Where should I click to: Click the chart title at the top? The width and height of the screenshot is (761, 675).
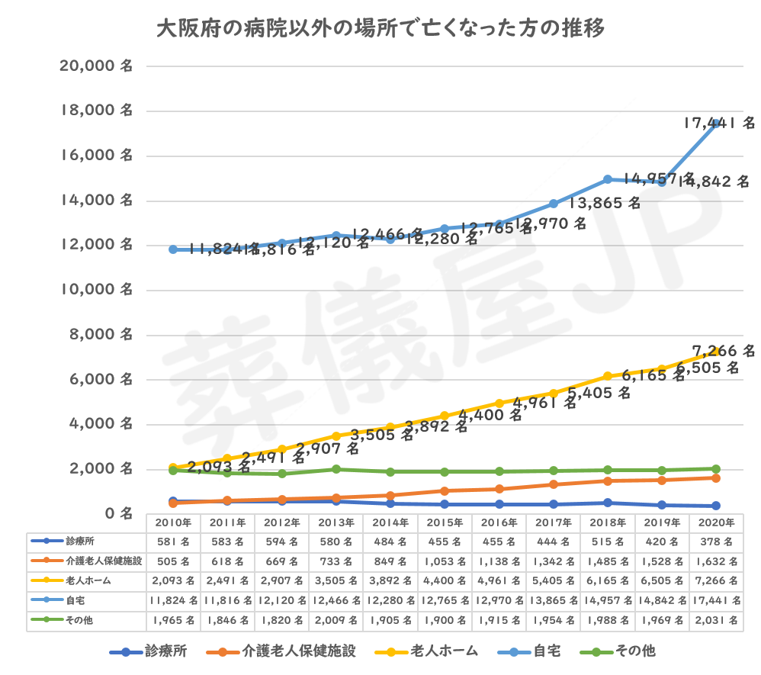pyautogui.click(x=380, y=29)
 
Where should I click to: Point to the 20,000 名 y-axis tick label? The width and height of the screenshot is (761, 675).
pyautogui.click(x=96, y=66)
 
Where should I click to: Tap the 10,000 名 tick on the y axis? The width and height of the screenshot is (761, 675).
pyautogui.click(x=96, y=290)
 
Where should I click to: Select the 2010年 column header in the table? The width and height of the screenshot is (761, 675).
pyautogui.click(x=173, y=523)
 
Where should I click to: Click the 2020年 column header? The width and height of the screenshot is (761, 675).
pyautogui.click(x=716, y=523)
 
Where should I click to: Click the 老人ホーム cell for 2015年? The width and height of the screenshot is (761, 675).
pyautogui.click(x=445, y=581)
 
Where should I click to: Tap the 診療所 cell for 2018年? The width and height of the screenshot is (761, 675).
pyautogui.click(x=607, y=542)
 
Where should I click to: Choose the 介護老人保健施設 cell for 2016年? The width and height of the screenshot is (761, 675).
pyautogui.click(x=499, y=562)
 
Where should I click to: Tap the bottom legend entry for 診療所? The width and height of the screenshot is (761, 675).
pyautogui.click(x=149, y=651)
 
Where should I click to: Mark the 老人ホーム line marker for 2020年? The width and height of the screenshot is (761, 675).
pyautogui.click(x=716, y=351)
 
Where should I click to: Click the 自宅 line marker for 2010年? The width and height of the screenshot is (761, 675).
pyautogui.click(x=173, y=249)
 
